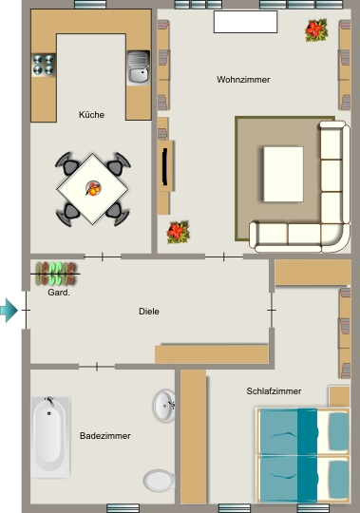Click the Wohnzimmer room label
[243, 80]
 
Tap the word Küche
[91, 115]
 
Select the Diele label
[149, 312]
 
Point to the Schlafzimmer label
[274, 391]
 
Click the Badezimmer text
[105, 436]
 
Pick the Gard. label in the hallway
[59, 293]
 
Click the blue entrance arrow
[9, 310]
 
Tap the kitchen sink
[139, 67]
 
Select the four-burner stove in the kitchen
[44, 65]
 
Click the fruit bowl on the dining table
[93, 188]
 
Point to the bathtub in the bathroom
[50, 437]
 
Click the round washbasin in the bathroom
[164, 406]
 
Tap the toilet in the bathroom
[160, 481]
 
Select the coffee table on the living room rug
[283, 174]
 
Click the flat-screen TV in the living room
[165, 166]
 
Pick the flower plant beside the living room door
[179, 233]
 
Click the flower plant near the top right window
[316, 30]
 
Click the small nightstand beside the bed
[339, 396]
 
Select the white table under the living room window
[246, 22]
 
